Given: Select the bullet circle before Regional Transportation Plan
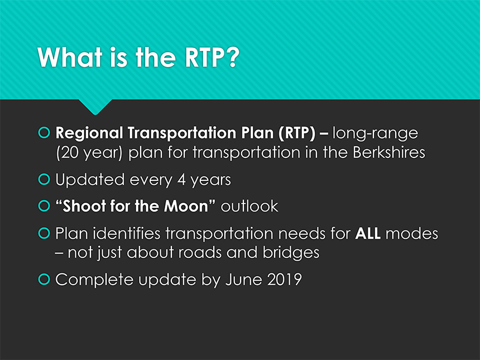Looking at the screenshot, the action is tap(44, 132).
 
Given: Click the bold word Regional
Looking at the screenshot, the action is tap(89, 133).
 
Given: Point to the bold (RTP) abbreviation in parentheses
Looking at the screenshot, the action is tap(297, 133).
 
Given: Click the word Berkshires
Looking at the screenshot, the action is tap(389, 152).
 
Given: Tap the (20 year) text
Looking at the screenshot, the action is tap(89, 153).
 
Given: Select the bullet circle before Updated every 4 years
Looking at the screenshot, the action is tap(44, 179).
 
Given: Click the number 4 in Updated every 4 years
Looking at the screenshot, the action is tap(181, 180).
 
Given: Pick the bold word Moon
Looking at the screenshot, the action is tap(186, 206).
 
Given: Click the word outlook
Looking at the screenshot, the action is tap(249, 206).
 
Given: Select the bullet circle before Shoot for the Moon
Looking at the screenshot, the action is tap(44, 206).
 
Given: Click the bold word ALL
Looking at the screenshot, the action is tap(368, 233).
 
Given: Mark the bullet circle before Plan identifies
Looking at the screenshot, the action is tap(44, 233).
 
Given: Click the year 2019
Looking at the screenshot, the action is tap(285, 280).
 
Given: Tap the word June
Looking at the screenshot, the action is tap(244, 280).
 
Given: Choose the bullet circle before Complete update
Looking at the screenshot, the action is tap(44, 279).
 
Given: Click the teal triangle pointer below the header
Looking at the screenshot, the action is tap(95, 106).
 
